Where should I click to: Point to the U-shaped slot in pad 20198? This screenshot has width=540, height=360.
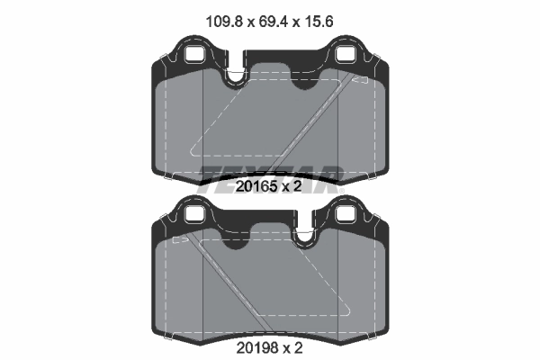coord(303,234)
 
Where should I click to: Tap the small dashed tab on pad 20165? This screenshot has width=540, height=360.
coord(360,80)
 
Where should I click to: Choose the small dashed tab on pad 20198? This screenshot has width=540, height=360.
coord(179,239)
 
